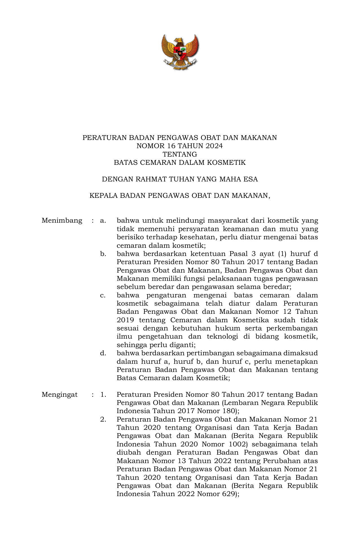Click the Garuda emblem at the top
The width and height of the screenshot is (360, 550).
[x=180, y=52]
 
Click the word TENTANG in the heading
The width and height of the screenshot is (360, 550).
[x=180, y=154]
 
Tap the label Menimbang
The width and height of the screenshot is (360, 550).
[x=62, y=220]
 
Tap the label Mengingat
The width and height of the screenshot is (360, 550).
[x=60, y=395]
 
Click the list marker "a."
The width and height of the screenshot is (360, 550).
[x=103, y=220]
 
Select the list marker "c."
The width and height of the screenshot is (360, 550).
[x=103, y=295]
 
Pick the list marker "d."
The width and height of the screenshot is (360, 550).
[x=103, y=353]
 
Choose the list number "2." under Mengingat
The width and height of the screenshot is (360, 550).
[x=103, y=419]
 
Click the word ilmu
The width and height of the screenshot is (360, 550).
[x=124, y=337]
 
